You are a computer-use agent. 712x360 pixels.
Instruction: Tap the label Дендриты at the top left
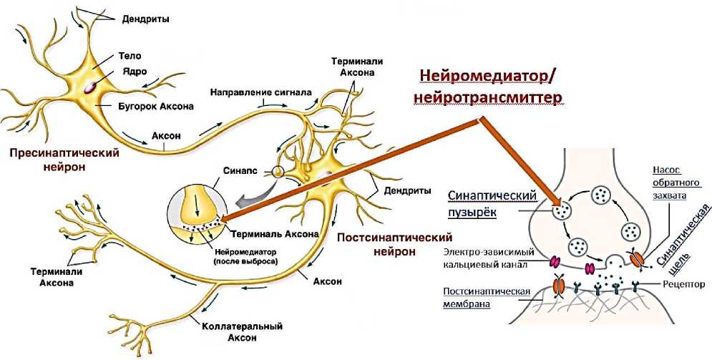[146, 19]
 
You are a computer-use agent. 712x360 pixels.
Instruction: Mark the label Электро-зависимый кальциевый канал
[486, 258]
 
